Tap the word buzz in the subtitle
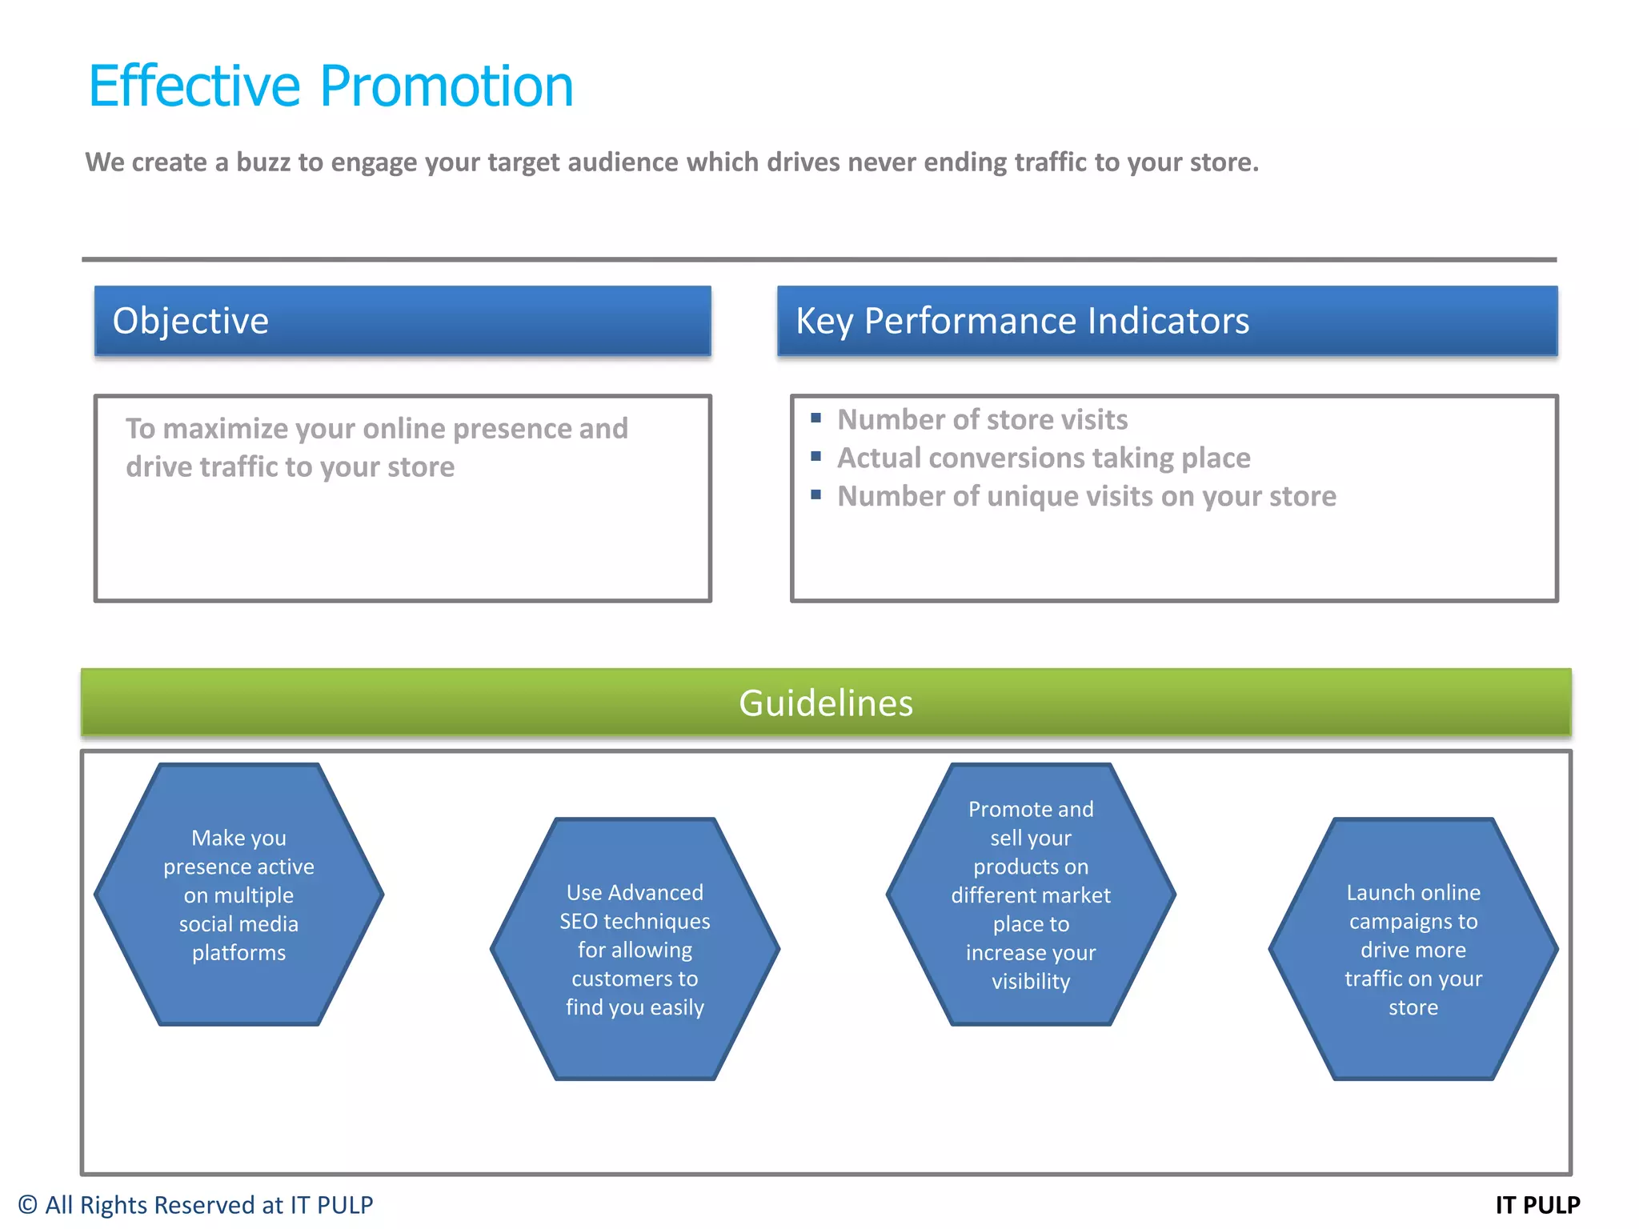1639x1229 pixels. pos(262,162)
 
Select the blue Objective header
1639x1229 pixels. pos(403,321)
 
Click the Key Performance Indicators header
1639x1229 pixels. pos(1167,321)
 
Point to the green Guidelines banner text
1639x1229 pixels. pos(825,703)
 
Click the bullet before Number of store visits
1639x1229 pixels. pos(815,418)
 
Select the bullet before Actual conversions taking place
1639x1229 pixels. pos(815,456)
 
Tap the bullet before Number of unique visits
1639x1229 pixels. pos(815,494)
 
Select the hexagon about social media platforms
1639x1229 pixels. pos(238,895)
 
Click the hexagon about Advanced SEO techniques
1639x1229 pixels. pos(635,949)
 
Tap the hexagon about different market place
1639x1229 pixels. pos(1031,895)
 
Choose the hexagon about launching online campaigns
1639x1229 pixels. pos(1413,949)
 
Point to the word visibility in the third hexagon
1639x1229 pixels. pos(1031,982)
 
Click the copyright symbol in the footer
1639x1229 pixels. pos(28,1205)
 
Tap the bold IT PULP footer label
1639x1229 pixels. pos(1537,1205)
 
